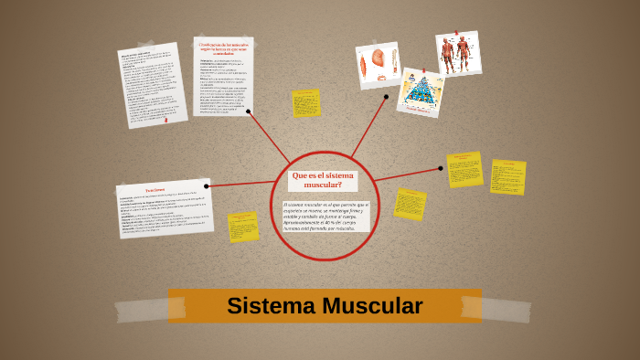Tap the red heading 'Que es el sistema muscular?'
click(x=322, y=179)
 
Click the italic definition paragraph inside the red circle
click(x=325, y=216)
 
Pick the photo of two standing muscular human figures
click(x=457, y=55)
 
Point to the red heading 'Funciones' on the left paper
click(x=155, y=190)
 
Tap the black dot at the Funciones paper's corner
click(x=207, y=186)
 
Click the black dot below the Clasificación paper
click(x=248, y=111)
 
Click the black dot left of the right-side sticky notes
click(x=440, y=168)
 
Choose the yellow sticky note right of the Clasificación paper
click(x=306, y=103)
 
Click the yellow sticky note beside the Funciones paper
click(x=243, y=227)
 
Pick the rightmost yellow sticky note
click(x=507, y=177)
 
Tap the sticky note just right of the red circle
click(x=410, y=204)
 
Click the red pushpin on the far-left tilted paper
click(x=165, y=119)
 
